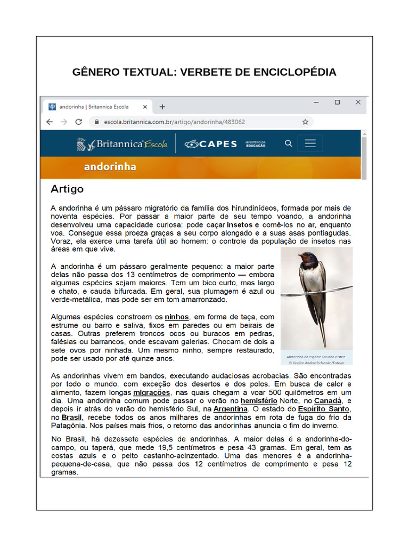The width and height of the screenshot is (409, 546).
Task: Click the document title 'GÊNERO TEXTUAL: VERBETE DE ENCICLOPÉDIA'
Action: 204,72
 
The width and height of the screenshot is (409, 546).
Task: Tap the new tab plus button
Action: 162,107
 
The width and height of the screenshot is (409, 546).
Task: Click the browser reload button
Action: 79,122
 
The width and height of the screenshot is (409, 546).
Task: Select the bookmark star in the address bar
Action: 305,122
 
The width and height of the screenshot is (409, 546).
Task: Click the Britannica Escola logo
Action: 122,144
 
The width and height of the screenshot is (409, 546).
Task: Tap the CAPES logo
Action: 211,144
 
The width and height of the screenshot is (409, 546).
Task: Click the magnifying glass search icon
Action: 288,143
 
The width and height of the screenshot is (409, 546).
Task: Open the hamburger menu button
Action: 310,143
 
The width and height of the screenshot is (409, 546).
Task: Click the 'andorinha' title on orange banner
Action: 110,167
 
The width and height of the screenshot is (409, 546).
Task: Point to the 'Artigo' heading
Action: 67,189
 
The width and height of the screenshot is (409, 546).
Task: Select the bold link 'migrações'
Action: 152,392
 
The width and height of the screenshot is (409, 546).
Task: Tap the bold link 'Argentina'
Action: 231,408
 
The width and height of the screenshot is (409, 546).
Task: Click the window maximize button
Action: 337,102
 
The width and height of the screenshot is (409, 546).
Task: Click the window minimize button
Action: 316,102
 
